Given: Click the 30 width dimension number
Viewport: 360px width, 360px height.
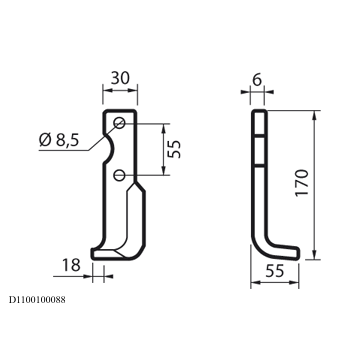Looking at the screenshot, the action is (x=120, y=78).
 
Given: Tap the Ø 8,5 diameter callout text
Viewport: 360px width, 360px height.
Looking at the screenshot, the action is (x=59, y=140).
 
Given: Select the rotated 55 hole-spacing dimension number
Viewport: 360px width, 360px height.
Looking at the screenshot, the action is (x=174, y=149).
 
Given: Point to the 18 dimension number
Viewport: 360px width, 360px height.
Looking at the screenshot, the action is (x=71, y=265).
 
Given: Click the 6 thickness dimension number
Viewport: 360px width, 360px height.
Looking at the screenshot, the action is (x=257, y=80).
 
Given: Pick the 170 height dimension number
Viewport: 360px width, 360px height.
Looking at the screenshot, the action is (x=302, y=183).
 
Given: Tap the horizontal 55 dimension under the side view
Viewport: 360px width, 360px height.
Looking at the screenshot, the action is (x=275, y=271).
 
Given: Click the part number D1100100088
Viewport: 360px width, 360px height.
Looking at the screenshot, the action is (x=37, y=300).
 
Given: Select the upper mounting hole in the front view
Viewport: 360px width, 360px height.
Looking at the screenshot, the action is (x=119, y=123).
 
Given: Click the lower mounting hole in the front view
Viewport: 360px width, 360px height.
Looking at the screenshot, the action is (x=119, y=175).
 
